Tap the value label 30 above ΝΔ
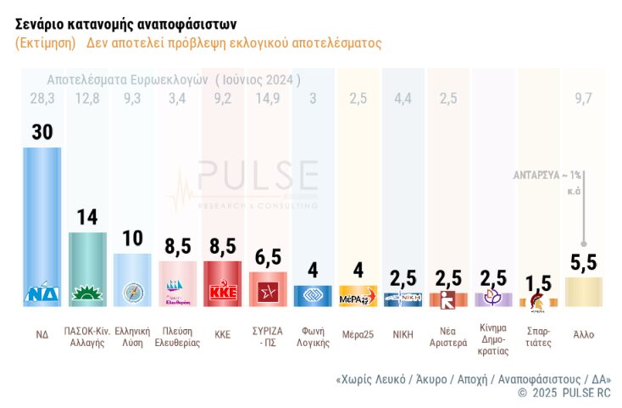(42, 132)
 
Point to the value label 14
(87, 217)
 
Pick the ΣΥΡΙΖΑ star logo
(268, 293)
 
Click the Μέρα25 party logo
(358, 297)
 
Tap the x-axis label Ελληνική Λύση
(132, 337)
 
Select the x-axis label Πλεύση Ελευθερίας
(178, 337)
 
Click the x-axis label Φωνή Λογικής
(313, 337)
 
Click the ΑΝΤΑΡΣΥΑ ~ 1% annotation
(548, 174)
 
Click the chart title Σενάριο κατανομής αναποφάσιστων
(126, 24)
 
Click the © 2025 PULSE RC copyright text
(564, 393)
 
